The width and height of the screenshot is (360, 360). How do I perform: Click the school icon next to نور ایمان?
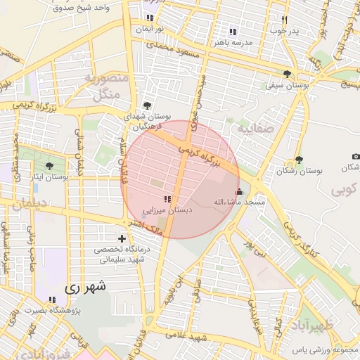[149, 18]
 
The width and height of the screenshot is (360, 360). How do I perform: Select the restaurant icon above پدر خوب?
[284, 20]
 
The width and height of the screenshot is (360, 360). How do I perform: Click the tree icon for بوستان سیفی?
[287, 74]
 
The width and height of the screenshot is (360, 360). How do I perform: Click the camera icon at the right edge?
[356, 155]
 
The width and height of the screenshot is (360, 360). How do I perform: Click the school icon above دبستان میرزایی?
[167, 199]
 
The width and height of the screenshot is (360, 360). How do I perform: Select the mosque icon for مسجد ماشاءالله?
[239, 191]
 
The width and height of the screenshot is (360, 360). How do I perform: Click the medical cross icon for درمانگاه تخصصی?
[122, 239]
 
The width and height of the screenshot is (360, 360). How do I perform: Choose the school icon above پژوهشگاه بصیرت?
[52, 300]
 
